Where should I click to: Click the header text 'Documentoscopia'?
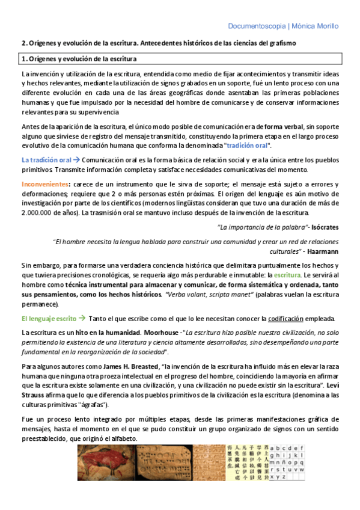coord(257,26)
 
